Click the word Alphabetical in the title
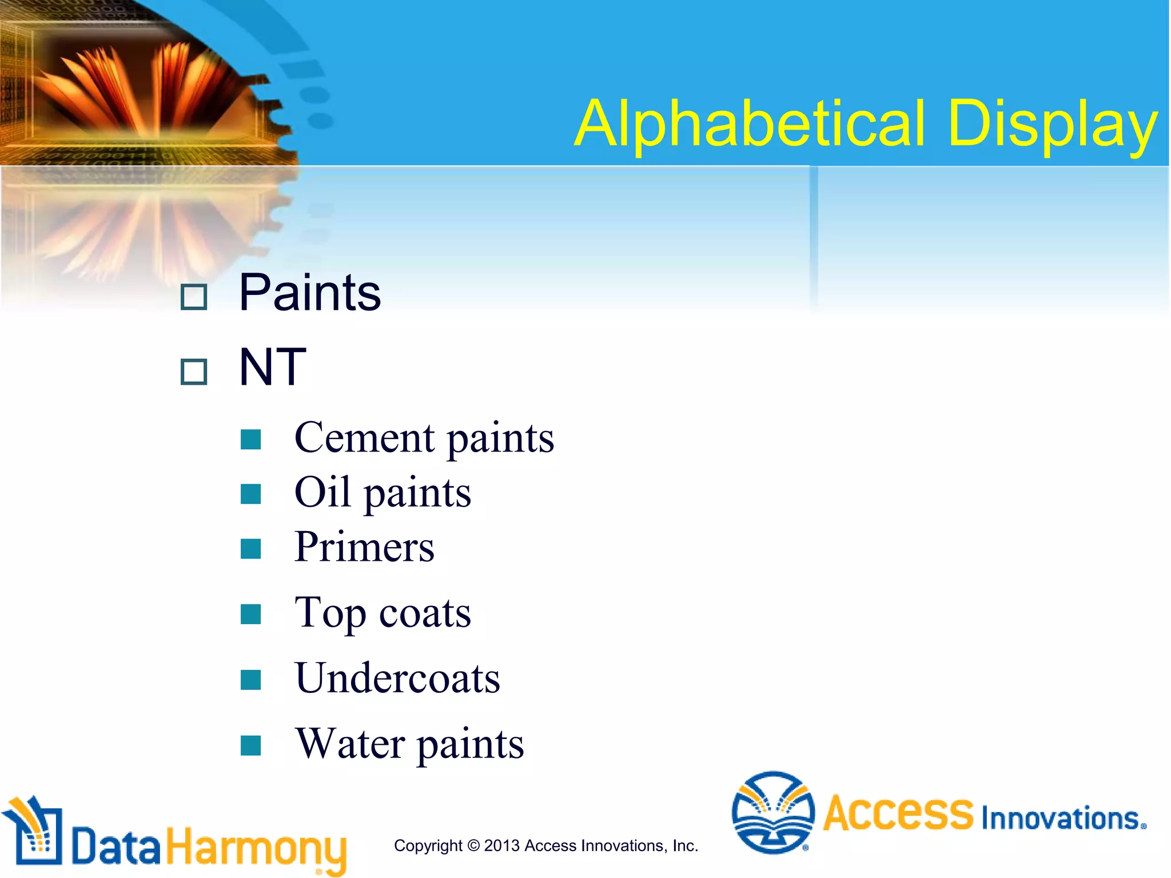[749, 123]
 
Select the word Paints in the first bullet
[309, 293]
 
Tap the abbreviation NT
[272, 367]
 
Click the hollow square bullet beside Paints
[193, 297]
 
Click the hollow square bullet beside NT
[193, 372]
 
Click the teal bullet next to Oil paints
[250, 494]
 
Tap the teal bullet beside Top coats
[250, 614]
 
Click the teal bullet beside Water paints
[250, 745]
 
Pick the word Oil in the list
[322, 492]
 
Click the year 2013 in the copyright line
[502, 845]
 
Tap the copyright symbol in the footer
[473, 845]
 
